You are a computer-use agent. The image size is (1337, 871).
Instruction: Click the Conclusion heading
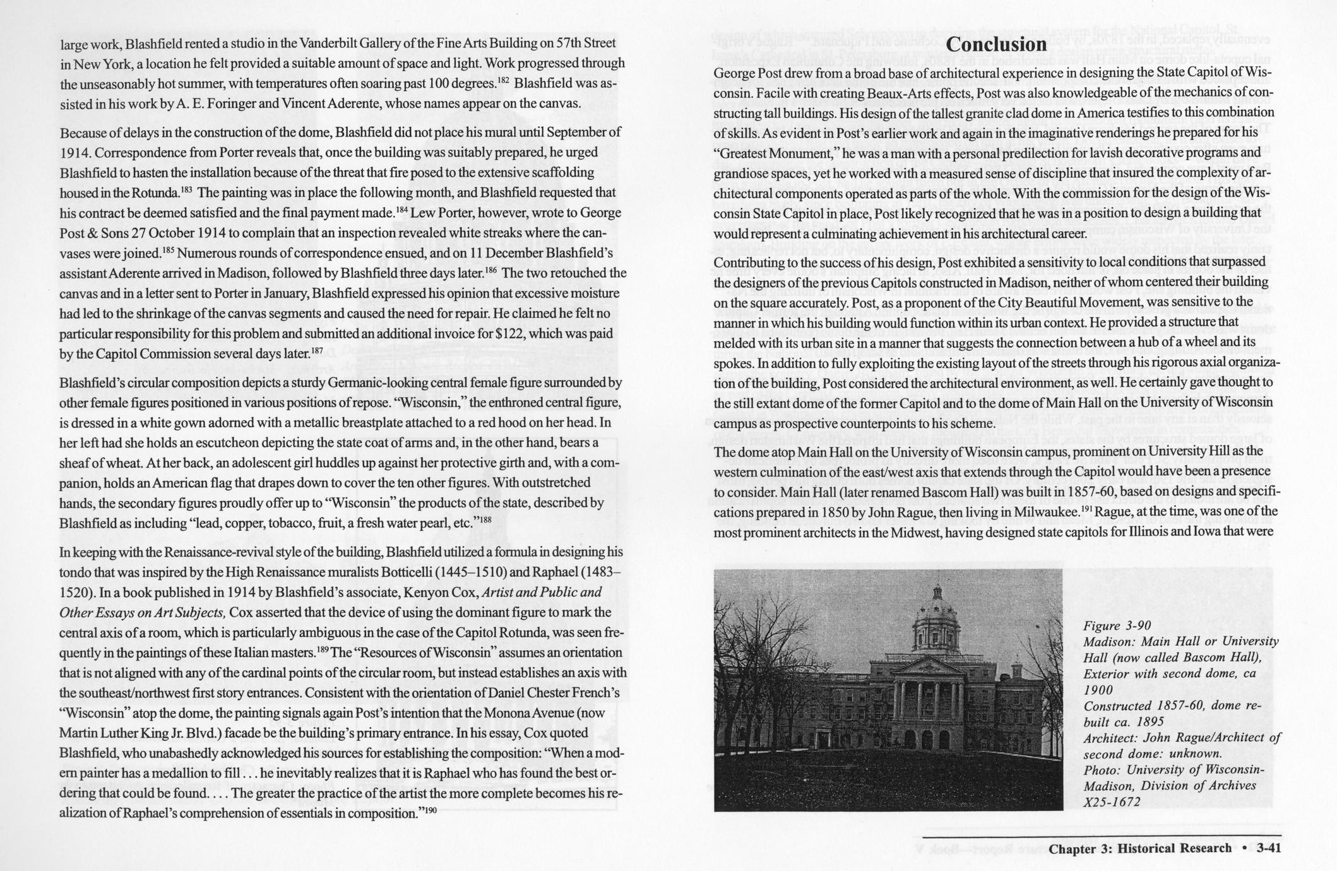coord(997,45)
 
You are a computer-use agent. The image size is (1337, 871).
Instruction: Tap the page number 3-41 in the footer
coord(1268,848)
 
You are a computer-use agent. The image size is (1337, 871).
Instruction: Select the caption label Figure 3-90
coord(1117,625)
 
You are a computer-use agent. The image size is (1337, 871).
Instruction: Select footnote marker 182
coord(503,81)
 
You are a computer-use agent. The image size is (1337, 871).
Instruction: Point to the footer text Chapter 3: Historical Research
coord(1140,848)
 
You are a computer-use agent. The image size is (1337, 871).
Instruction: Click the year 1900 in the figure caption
coord(1098,690)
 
